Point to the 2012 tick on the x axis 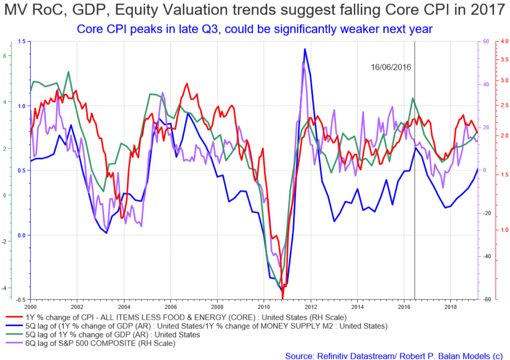(311, 306)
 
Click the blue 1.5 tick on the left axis (21, 42)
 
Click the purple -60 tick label (485, 300)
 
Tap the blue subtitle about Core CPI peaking (255, 29)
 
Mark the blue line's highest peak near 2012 (305, 49)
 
